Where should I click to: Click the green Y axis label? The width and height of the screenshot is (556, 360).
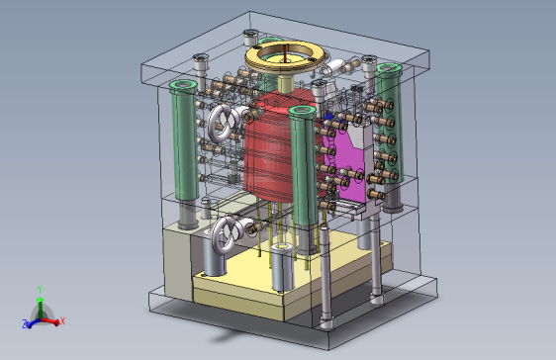click(40, 290)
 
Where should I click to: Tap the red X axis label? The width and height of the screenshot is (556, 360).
click(62, 321)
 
